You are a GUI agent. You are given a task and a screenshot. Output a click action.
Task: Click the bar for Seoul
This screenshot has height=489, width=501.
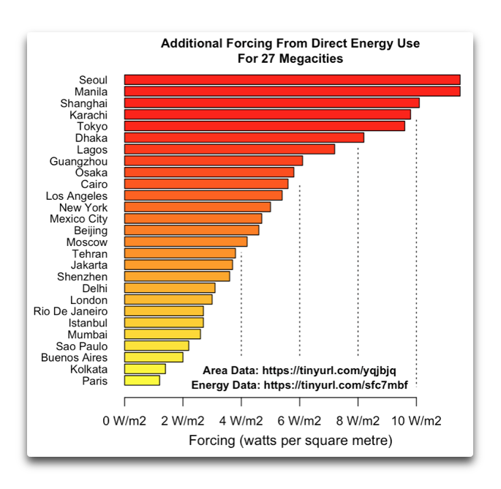pyautogui.click(x=292, y=80)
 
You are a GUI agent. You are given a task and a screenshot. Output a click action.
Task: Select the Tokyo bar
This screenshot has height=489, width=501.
pyautogui.click(x=264, y=126)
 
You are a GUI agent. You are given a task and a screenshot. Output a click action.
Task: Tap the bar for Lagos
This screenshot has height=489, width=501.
pyautogui.click(x=229, y=149)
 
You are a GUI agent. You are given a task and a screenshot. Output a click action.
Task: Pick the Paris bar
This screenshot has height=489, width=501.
pyautogui.click(x=142, y=381)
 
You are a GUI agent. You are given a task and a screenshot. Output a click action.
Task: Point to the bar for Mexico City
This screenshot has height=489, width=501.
pyautogui.click(x=193, y=218)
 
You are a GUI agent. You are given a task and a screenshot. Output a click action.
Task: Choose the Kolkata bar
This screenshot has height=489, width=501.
pyautogui.click(x=145, y=369)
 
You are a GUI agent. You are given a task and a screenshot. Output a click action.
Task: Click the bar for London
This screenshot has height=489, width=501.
pyautogui.click(x=168, y=299)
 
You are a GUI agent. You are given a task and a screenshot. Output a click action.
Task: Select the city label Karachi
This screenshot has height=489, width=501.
pyautogui.click(x=88, y=115)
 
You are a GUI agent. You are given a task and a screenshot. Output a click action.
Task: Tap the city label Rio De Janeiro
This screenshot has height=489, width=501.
pyautogui.click(x=70, y=311)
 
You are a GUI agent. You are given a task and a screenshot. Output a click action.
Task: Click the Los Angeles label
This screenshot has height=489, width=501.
pyautogui.click(x=76, y=195)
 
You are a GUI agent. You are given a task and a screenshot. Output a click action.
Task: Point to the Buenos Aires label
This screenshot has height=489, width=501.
pyautogui.click(x=74, y=357)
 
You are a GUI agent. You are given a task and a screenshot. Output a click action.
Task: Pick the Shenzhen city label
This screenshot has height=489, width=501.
pyautogui.click(x=82, y=277)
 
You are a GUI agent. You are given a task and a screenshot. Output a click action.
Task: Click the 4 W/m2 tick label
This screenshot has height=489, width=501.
pyautogui.click(x=241, y=421)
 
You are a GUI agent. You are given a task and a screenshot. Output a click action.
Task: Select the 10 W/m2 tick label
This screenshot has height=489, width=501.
pyautogui.click(x=416, y=421)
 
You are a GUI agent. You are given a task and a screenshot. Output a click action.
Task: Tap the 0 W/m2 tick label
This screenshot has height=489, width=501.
pyautogui.click(x=124, y=421)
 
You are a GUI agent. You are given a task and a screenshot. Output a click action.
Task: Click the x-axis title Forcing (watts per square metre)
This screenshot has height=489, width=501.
pyautogui.click(x=290, y=441)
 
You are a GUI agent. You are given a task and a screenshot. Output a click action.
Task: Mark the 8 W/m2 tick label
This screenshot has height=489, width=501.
pyautogui.click(x=358, y=421)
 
